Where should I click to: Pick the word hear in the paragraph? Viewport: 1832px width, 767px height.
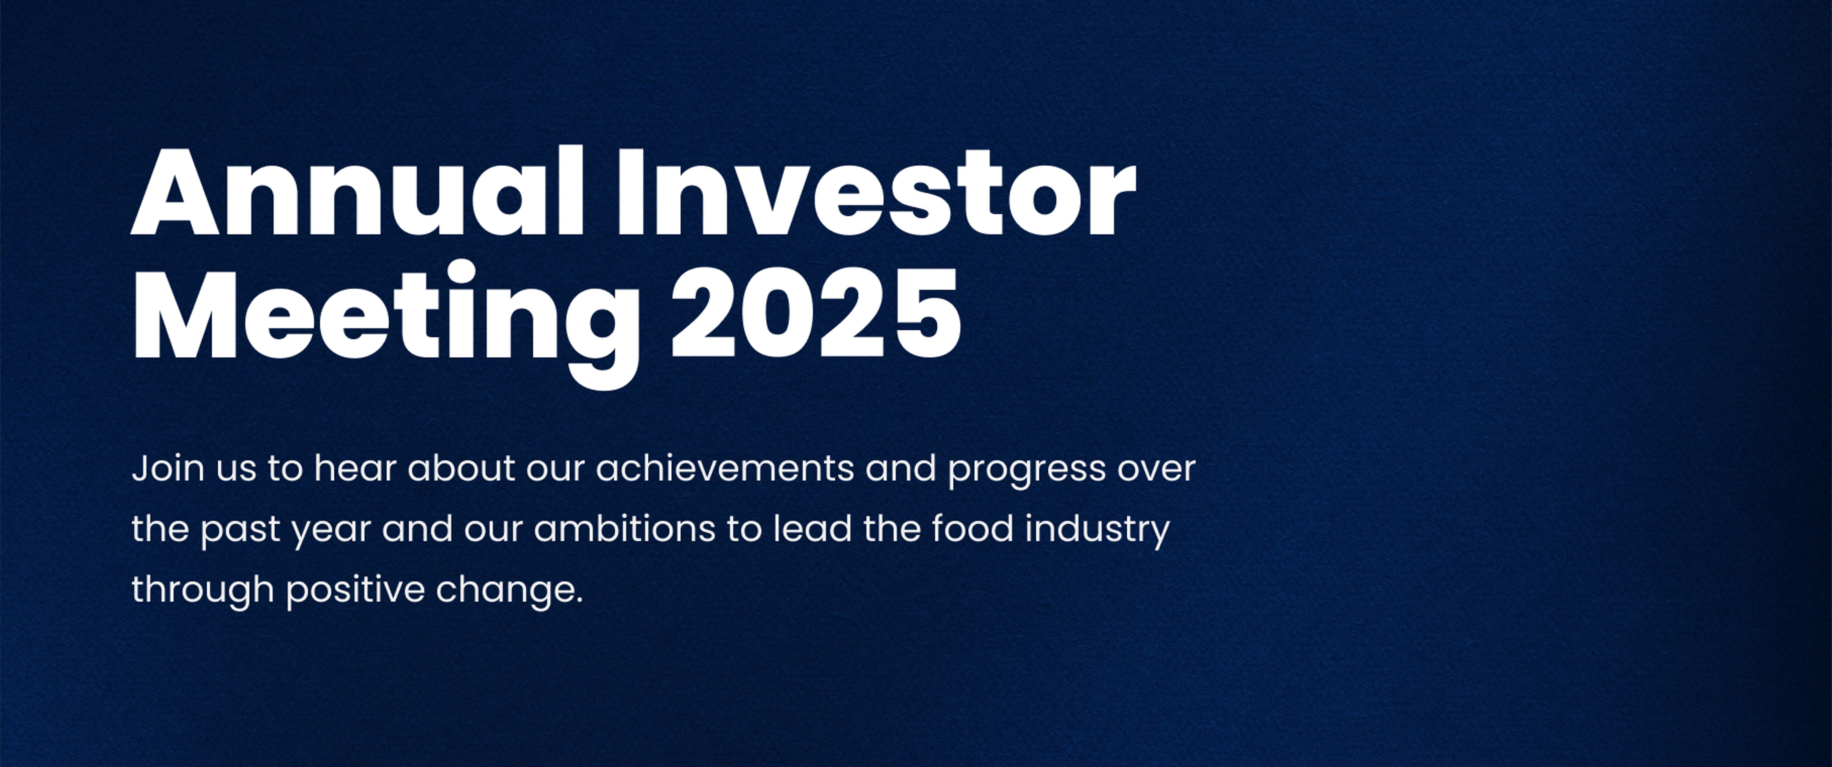tap(354, 469)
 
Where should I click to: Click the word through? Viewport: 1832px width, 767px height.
tap(203, 590)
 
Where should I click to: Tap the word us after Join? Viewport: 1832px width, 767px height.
tap(236, 470)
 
